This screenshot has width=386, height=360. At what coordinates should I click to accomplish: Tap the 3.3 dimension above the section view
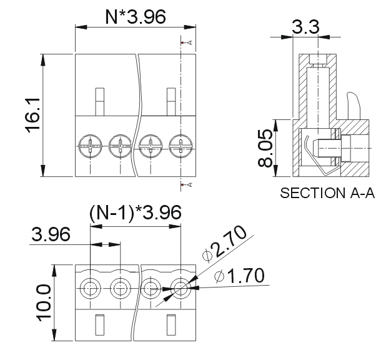305,27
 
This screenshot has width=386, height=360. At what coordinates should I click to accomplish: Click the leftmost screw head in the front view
91,147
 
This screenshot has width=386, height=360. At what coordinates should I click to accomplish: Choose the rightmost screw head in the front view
181,147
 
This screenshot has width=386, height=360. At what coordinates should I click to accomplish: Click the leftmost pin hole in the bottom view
91,289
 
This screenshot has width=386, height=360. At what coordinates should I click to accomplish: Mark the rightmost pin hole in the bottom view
181,289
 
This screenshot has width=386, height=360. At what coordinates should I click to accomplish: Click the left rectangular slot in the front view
99,101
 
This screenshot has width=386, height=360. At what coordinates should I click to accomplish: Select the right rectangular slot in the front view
172,101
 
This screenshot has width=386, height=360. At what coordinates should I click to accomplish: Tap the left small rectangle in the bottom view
99,326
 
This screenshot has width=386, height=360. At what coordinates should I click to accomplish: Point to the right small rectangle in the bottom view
172,326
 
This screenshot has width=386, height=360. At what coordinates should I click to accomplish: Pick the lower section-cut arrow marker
184,184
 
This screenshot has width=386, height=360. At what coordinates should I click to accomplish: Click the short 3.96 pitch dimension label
51,235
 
